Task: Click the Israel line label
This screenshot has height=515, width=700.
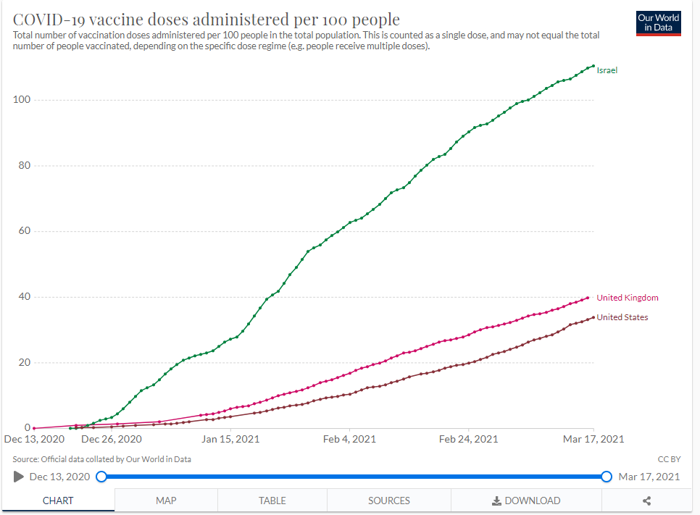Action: [607, 70]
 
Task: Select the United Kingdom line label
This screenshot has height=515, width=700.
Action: [627, 298]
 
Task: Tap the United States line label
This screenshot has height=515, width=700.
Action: [622, 317]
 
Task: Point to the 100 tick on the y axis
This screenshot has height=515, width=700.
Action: [22, 100]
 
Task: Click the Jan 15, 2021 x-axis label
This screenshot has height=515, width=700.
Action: [230, 439]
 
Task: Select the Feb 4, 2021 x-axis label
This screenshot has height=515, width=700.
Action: [350, 439]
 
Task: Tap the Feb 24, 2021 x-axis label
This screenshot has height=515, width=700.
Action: [469, 439]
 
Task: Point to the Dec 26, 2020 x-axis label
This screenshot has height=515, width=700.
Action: [111, 439]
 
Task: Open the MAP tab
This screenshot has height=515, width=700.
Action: [166, 501]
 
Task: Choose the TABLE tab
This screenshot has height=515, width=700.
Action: [272, 501]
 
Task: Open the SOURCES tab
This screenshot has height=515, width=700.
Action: [389, 501]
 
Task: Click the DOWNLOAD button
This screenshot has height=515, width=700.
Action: [526, 501]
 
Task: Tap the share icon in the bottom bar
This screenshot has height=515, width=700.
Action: [647, 501]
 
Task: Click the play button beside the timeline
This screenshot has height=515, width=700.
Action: [19, 477]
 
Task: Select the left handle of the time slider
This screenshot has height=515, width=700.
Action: [101, 477]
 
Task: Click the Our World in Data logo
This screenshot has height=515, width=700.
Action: [658, 22]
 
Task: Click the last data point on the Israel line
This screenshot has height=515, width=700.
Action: [593, 67]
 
